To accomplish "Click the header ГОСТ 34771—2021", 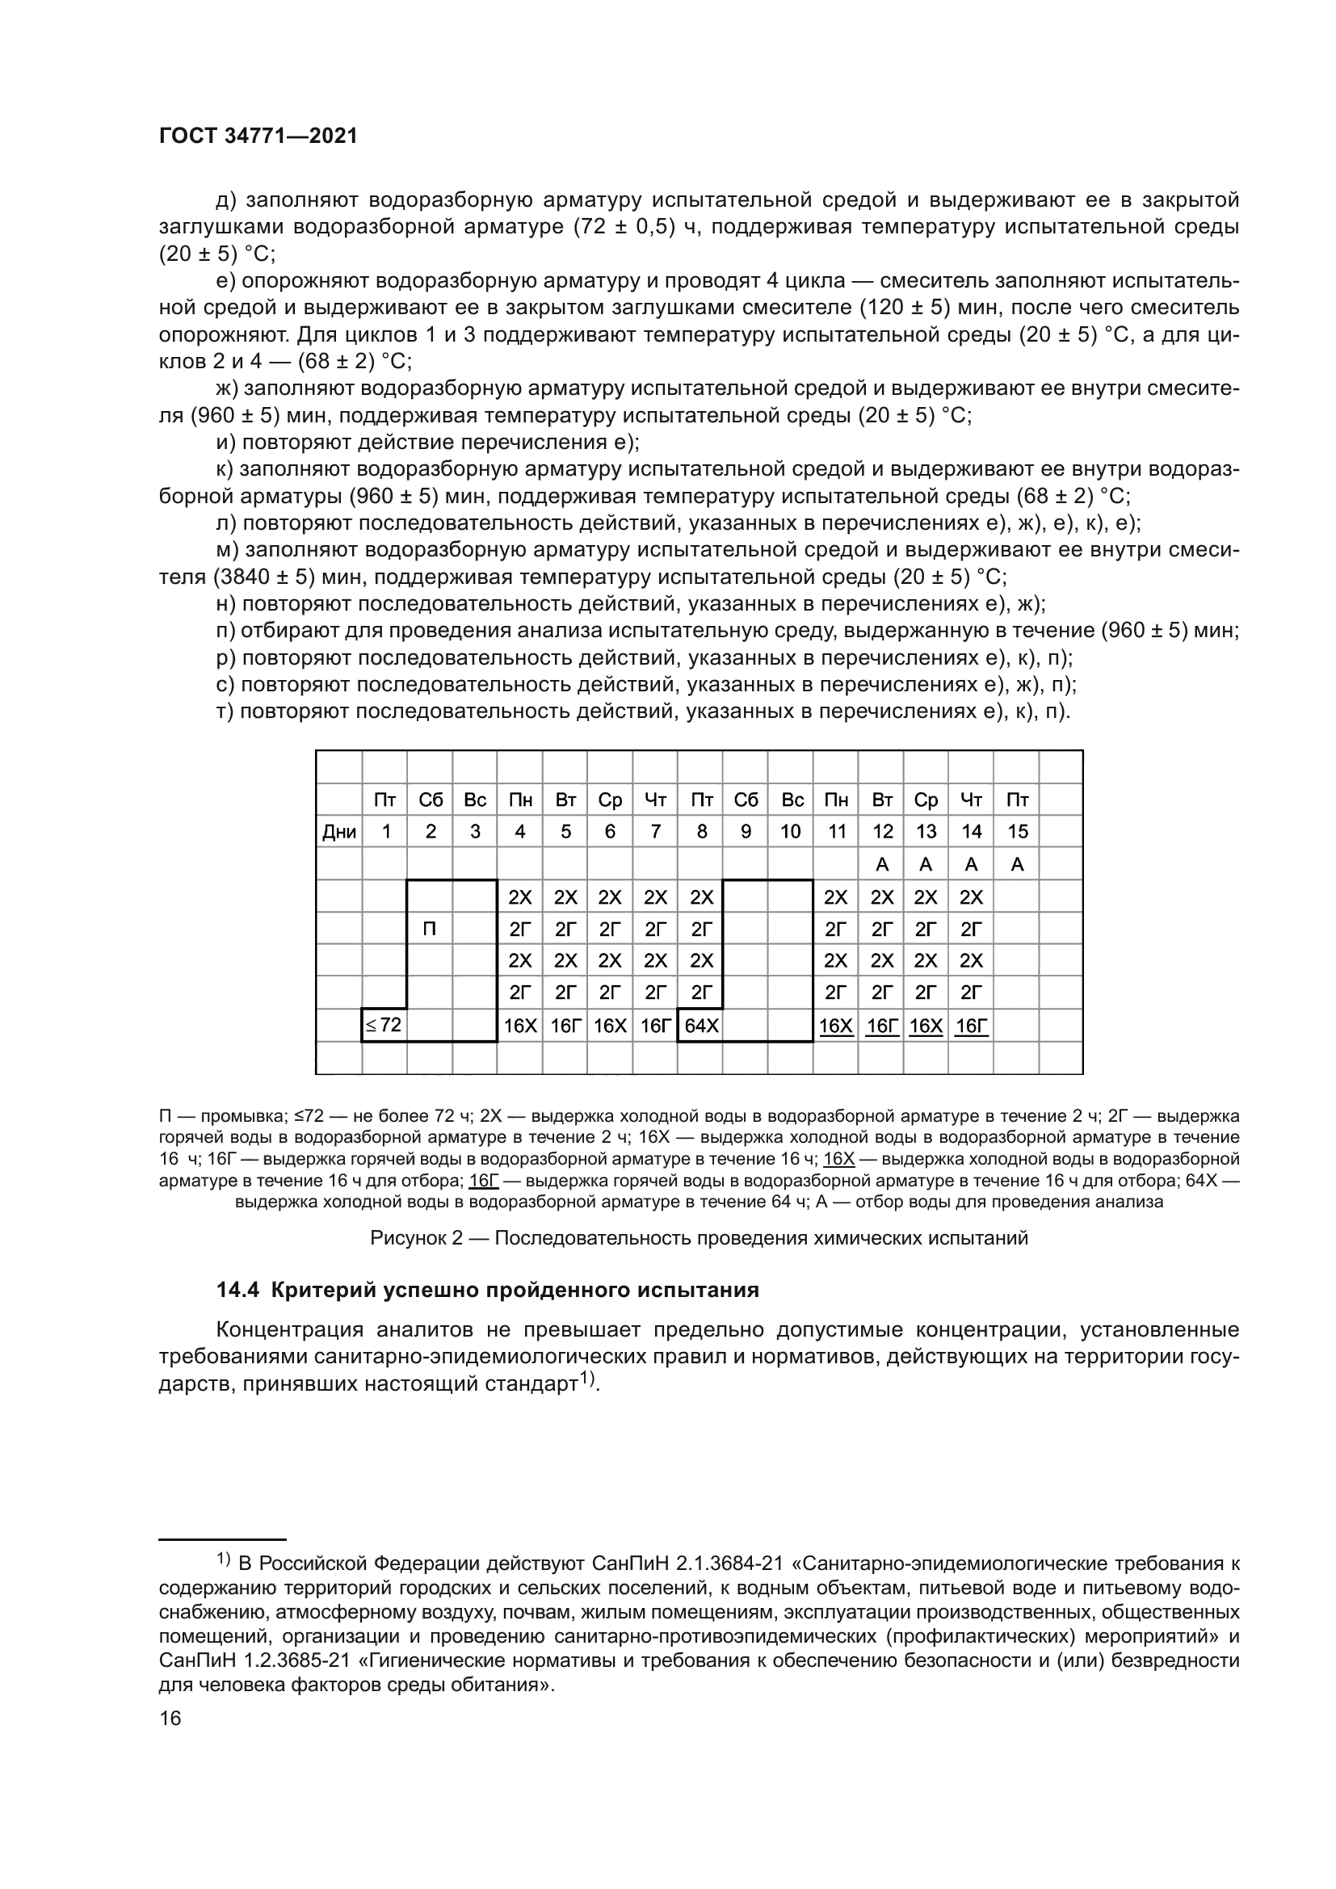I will tap(258, 136).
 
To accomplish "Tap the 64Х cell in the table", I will tap(701, 1026).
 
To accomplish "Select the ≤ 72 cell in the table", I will tap(384, 1025).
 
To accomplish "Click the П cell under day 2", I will tap(430, 929).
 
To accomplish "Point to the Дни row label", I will tap(339, 832).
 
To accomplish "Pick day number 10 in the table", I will tap(790, 832).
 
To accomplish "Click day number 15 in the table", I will tap(1017, 832).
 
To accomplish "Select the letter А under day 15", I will tap(1017, 865).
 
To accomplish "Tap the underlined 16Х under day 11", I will tap(836, 1026).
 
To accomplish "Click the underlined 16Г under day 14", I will tap(971, 1026).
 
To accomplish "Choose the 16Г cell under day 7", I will tap(655, 1026).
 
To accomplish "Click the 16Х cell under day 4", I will tap(520, 1026).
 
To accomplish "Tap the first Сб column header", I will tap(431, 800).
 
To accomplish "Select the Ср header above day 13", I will tap(926, 800).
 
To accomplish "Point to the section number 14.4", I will tap(238, 1290).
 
